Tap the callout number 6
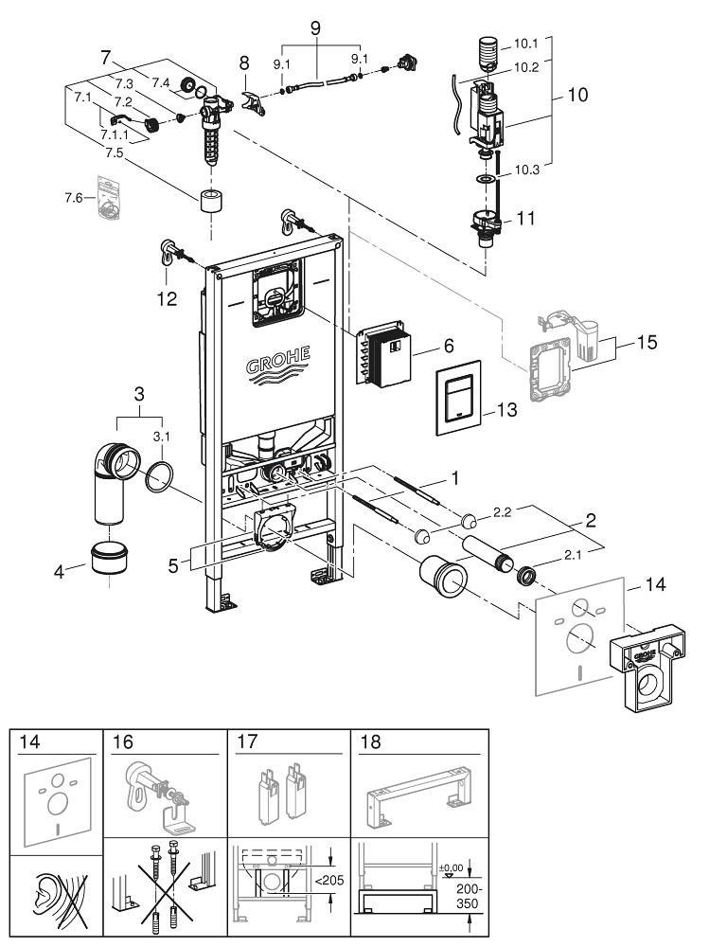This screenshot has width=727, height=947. point(450,347)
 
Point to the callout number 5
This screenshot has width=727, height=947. point(172,565)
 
